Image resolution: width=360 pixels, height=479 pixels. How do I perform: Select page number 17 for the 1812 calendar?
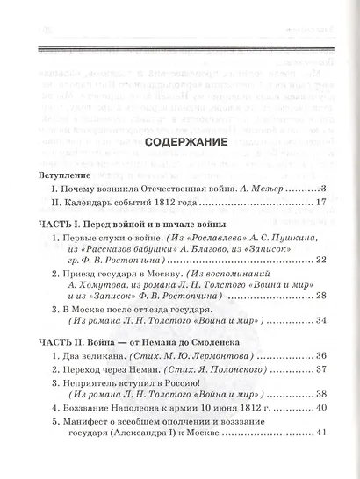pos(319,204)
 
